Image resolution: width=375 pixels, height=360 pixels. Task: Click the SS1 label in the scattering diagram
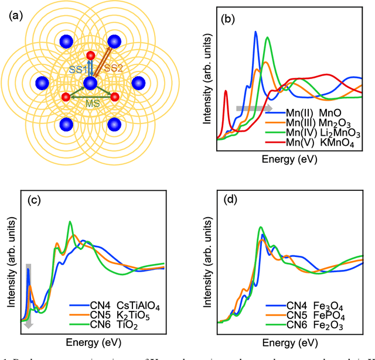click(78, 69)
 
